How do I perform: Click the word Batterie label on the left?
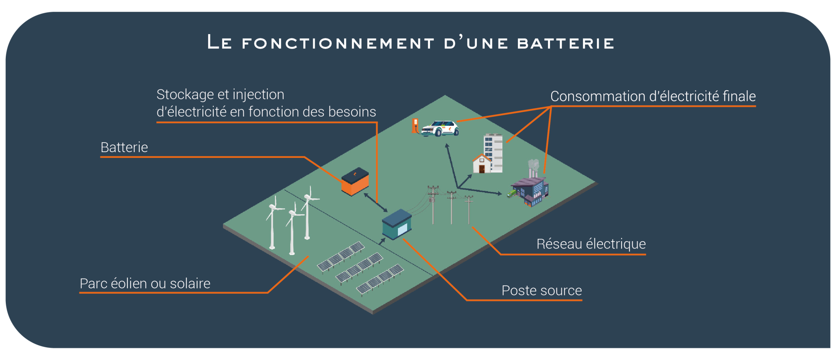pyautogui.click(x=124, y=147)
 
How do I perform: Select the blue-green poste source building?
pyautogui.click(x=396, y=224)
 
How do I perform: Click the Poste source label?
pyautogui.click(x=541, y=291)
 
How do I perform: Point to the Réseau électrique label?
pyautogui.click(x=591, y=244)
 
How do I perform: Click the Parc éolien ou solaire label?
pyautogui.click(x=145, y=284)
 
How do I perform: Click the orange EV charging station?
pyautogui.click(x=415, y=126)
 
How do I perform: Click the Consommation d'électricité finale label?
pyautogui.click(x=653, y=96)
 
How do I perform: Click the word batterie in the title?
pyautogui.click(x=565, y=43)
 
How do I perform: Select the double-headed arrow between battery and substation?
pyautogui.click(x=376, y=202)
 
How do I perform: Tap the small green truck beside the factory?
pyautogui.click(x=512, y=193)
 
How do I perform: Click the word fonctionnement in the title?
pyautogui.click(x=338, y=43)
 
